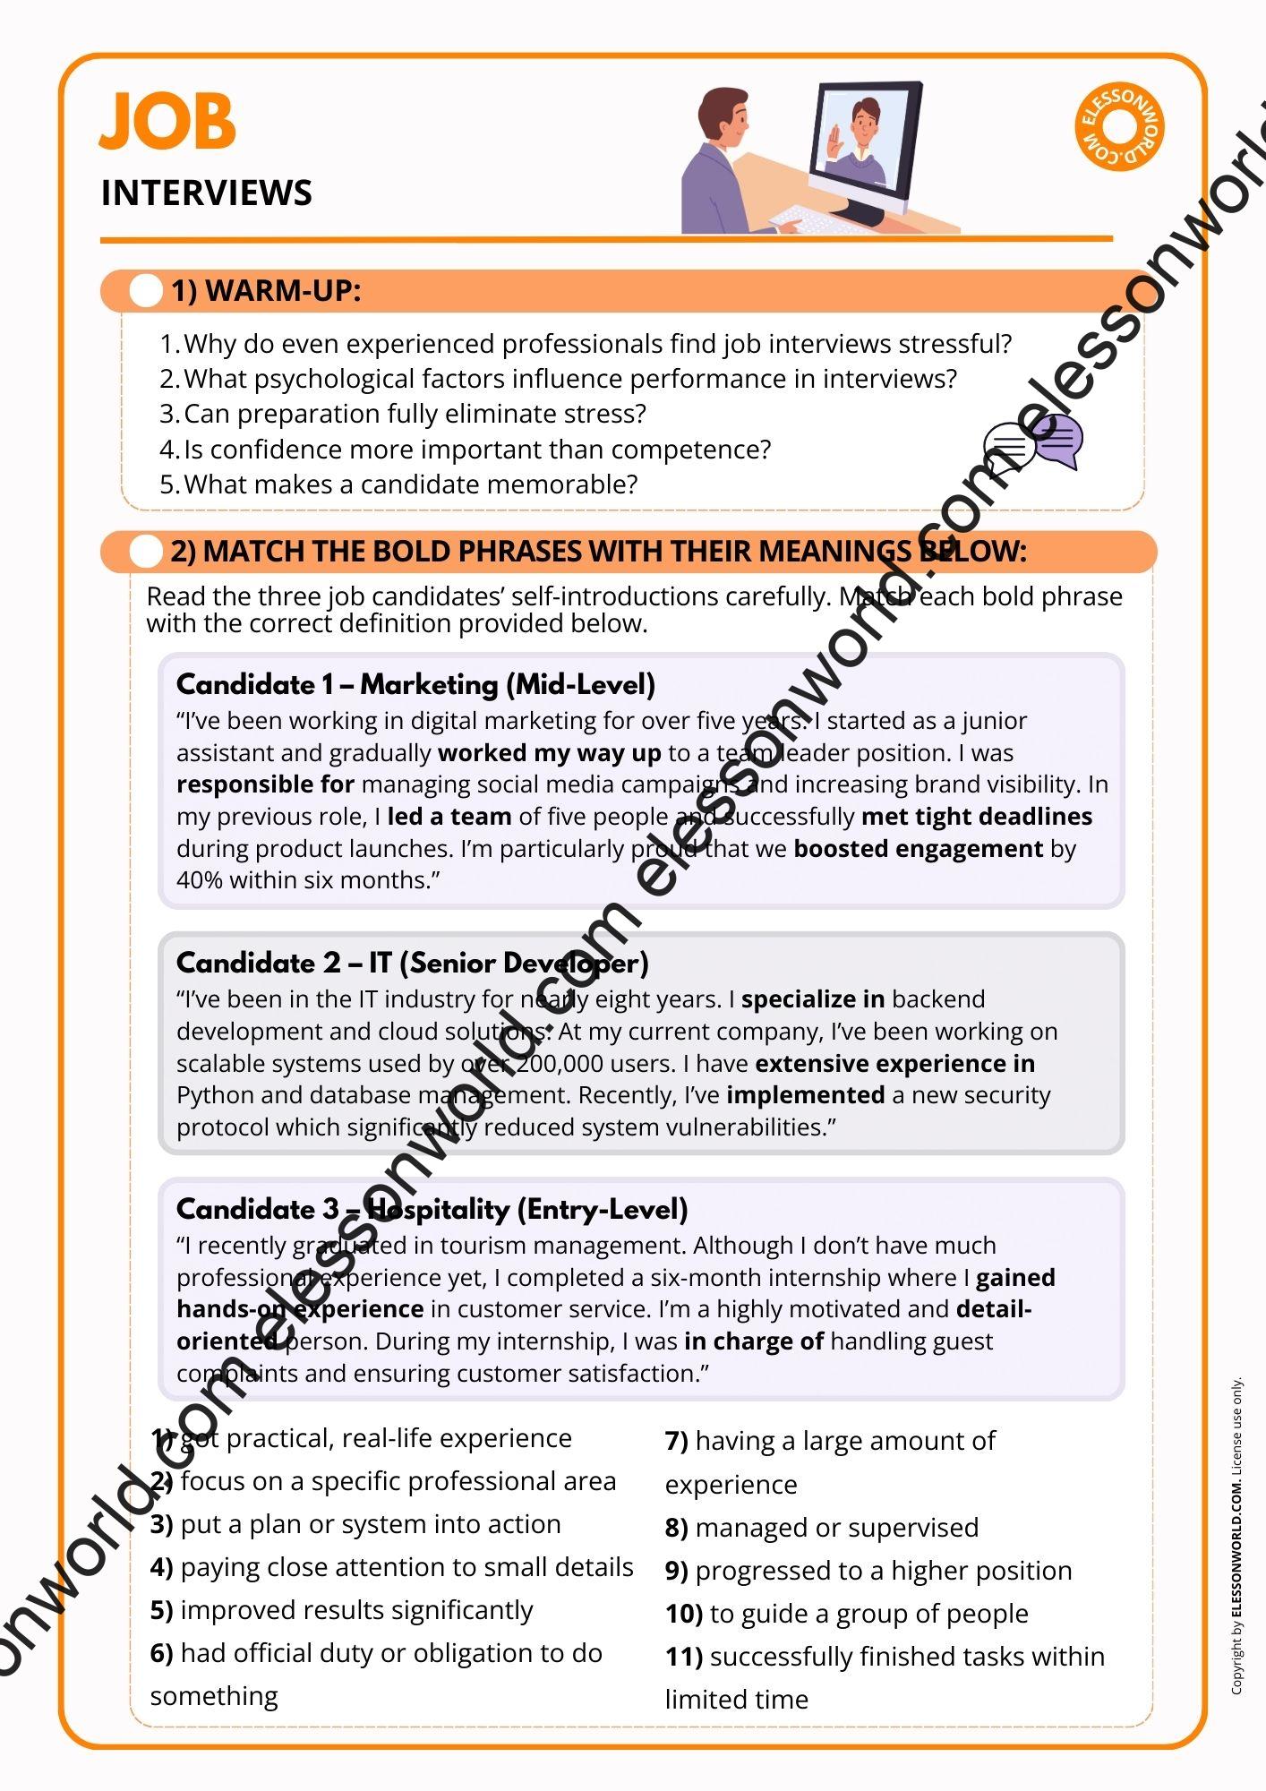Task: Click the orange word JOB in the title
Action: pos(167,121)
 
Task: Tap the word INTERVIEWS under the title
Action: pos(206,193)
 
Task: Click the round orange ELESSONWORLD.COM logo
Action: pos(1118,127)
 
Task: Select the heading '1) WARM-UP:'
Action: pos(266,291)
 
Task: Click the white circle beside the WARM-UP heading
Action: pos(145,291)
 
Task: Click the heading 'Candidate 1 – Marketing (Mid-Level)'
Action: pos(415,684)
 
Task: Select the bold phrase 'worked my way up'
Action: pos(549,753)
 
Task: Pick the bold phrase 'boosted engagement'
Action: pos(918,848)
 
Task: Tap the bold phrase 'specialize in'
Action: pos(813,999)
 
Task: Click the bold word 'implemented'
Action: pos(805,1095)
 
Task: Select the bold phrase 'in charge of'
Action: pos(753,1341)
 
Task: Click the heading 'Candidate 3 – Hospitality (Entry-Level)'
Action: pos(432,1209)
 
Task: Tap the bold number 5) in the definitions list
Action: pos(161,1610)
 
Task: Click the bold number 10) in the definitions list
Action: pos(683,1614)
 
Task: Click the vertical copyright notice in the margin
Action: pos(1236,1535)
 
